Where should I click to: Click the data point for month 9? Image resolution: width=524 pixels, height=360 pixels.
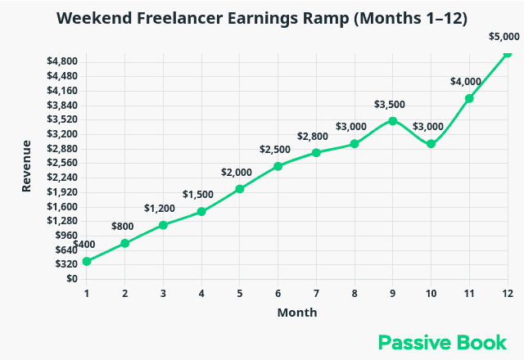point(393,120)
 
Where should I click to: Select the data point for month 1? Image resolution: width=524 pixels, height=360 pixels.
point(87,261)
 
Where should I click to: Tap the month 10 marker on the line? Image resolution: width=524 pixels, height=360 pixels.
point(431,143)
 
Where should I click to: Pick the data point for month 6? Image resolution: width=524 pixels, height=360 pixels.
point(278,166)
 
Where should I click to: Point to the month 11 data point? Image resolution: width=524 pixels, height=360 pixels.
point(469,98)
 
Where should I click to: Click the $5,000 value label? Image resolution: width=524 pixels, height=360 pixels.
point(504,36)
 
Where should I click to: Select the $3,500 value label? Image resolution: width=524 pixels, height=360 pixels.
point(390,104)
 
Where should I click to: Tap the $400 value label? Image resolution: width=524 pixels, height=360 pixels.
point(84,245)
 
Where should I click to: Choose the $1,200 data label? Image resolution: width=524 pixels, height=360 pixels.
point(160,209)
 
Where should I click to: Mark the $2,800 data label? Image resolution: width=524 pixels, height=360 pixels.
point(313,137)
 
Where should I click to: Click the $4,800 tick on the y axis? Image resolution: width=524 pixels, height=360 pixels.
point(62,61)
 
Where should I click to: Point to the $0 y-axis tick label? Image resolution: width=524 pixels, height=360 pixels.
point(72,279)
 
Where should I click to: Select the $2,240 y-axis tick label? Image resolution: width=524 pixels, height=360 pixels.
point(62,178)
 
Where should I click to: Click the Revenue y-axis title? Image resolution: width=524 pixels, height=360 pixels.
point(27,166)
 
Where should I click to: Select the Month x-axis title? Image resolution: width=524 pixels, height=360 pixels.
point(296,313)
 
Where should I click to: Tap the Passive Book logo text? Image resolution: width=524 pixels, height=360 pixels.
point(442,342)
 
